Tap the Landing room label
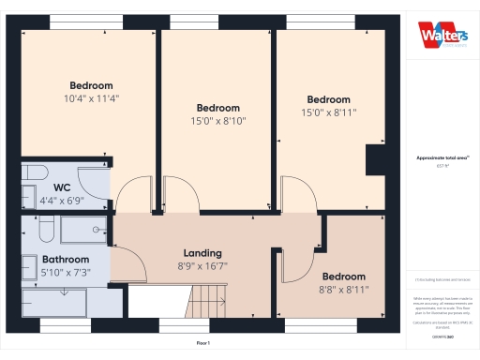(x=202, y=253)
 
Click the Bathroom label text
(x=65, y=260)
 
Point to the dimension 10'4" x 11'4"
(x=92, y=97)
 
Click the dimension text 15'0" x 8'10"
(x=217, y=120)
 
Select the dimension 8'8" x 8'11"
(x=345, y=290)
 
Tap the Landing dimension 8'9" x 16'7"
(x=202, y=266)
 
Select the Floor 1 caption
(x=203, y=344)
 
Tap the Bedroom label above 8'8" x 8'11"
(x=344, y=277)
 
